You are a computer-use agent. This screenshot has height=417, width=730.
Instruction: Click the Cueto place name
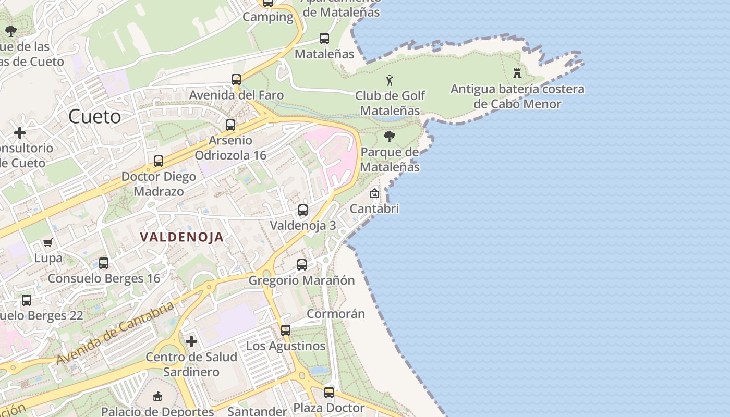coord(94,117)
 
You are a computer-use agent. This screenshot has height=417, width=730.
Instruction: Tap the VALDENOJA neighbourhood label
coord(181,237)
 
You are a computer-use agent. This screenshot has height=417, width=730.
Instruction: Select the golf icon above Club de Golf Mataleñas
coord(390,80)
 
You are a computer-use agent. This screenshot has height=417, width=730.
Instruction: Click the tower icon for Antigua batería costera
coord(517,73)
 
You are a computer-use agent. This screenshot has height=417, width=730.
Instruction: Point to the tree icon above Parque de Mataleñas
coord(389,137)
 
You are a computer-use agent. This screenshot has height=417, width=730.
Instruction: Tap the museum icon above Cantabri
coord(374,193)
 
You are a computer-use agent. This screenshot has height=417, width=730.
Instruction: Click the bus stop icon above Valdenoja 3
coord(302,210)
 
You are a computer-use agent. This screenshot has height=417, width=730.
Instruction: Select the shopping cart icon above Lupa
coord(48,242)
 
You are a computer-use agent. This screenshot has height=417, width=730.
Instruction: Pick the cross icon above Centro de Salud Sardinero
coord(191,341)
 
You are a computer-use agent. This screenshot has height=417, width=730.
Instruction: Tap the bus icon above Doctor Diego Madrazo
coord(159,161)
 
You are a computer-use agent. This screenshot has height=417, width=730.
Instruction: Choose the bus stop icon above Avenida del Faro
coord(236,80)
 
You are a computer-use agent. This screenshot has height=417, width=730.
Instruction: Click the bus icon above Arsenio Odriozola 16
coord(230,125)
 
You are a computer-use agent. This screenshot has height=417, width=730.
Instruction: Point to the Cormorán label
coord(335,314)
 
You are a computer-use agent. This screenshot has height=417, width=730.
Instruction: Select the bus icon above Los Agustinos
coord(285,330)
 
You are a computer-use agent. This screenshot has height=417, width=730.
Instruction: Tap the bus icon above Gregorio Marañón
coord(301,264)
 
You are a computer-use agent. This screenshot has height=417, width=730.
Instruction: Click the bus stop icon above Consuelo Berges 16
coord(104,263)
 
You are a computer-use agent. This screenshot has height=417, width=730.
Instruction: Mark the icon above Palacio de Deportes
coord(157,397)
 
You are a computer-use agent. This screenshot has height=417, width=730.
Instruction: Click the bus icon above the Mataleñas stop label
coord(324,38)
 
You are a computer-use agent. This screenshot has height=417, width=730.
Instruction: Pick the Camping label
coord(268,17)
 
